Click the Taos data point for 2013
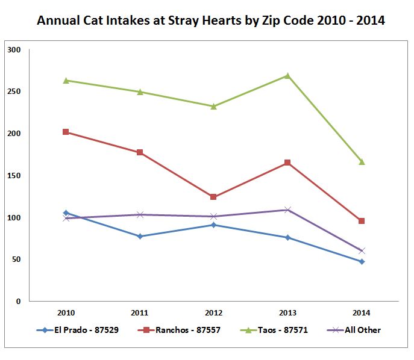pos(287,76)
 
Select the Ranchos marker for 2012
pos(213,197)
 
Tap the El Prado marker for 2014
pos(362,261)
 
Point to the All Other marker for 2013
pos(287,209)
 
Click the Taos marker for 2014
pos(362,162)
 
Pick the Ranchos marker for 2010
pos(66,132)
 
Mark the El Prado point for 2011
pos(140,236)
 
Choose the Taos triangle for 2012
pos(213,106)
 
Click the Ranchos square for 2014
pos(362,221)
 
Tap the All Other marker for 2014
pos(362,250)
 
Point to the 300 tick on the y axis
pos(14,50)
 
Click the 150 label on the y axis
pos(14,175)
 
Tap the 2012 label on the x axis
pos(213,313)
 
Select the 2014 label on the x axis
pos(362,313)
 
